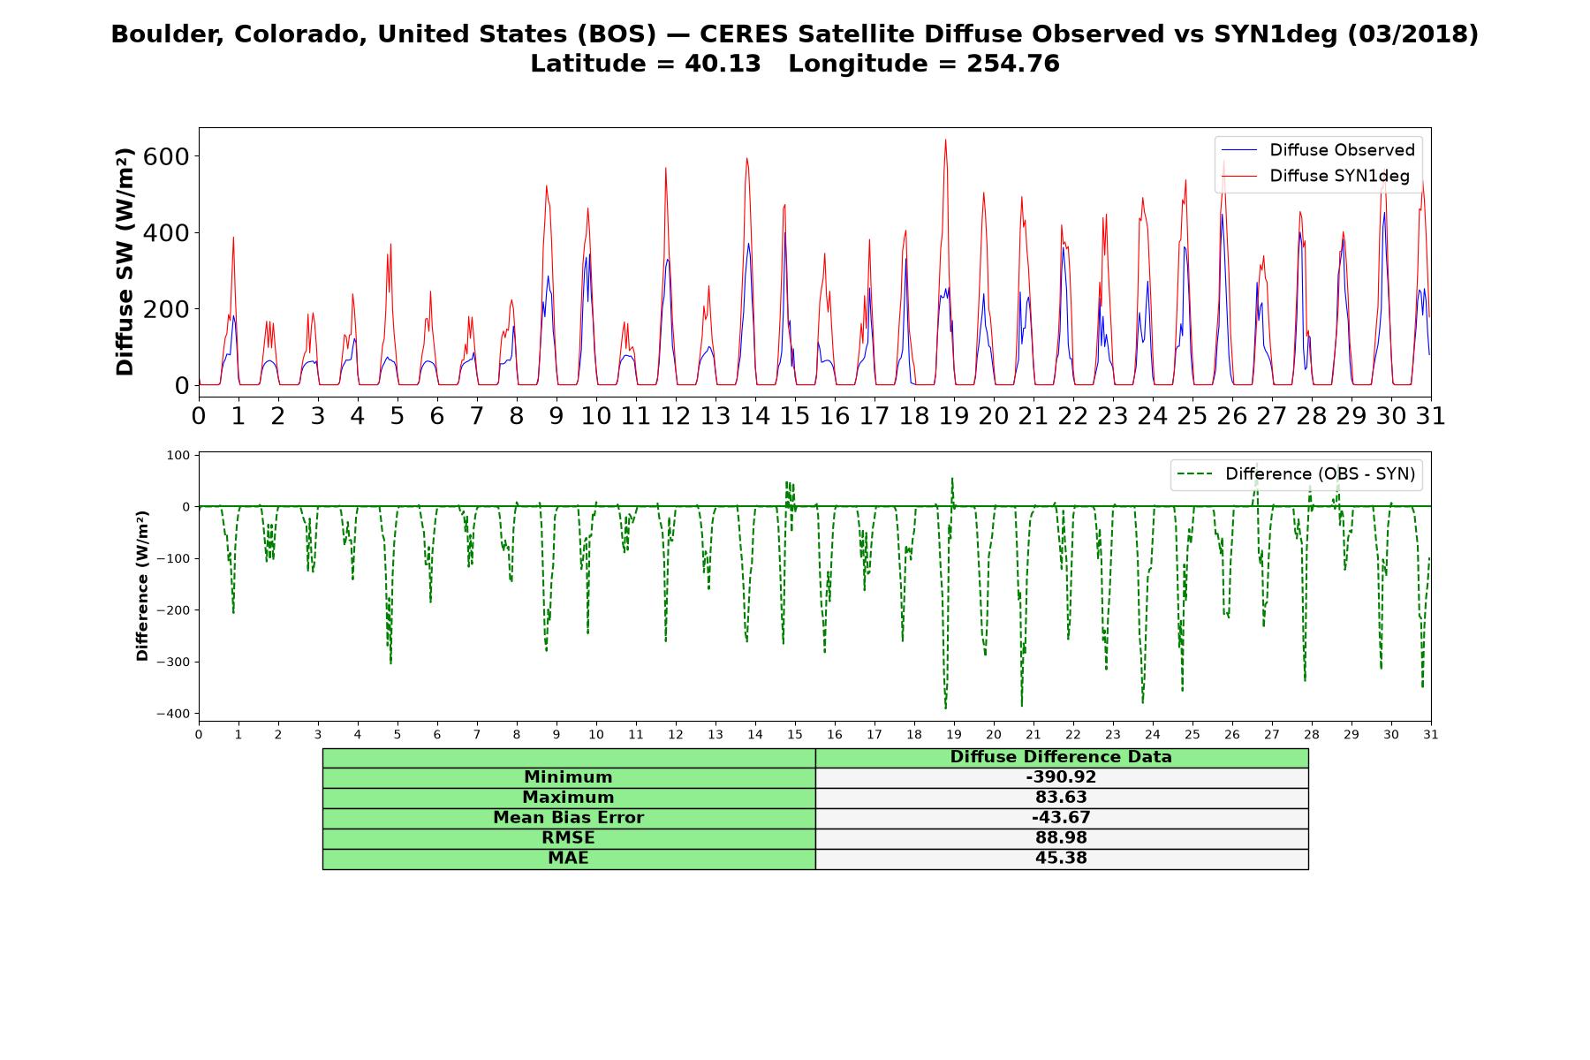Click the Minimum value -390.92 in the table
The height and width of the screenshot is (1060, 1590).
1061,777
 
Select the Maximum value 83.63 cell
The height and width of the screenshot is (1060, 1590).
1061,798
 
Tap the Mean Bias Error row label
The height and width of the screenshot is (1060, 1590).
568,818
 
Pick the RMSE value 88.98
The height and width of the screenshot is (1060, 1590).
1061,838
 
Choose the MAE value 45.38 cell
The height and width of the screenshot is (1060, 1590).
1061,859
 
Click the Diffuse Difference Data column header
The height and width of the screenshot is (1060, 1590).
1061,757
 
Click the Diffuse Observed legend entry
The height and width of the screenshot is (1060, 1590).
1317,150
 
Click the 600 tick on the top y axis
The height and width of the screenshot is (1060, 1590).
171,156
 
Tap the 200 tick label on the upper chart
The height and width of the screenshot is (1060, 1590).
171,309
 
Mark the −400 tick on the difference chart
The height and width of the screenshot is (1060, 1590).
174,714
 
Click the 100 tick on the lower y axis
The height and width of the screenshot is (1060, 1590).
179,455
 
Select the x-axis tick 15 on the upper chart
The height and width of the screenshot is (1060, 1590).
795,415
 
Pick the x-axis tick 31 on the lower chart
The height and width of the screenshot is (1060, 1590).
1431,734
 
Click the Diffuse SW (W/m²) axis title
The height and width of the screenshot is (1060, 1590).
125,262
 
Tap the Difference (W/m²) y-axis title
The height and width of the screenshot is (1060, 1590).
142,587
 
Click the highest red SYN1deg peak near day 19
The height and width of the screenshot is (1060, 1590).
945,140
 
